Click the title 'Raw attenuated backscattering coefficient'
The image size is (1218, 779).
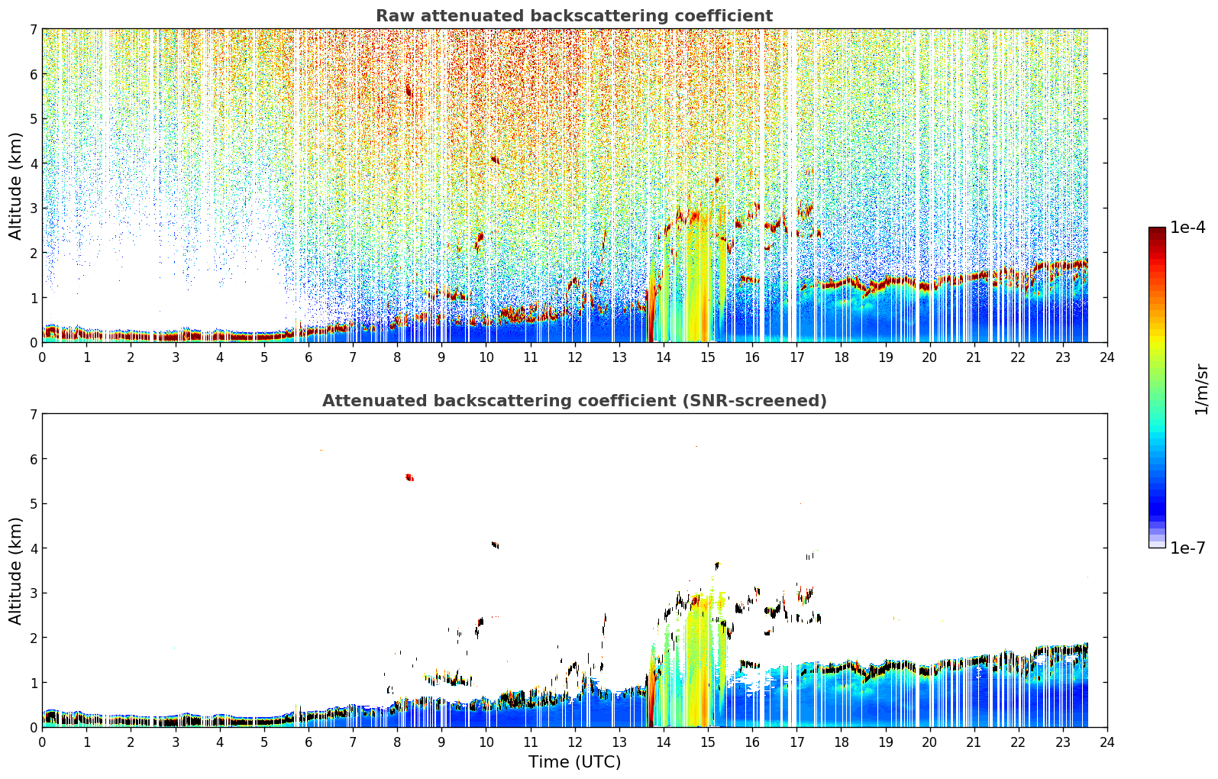574,16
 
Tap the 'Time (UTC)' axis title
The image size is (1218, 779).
574,762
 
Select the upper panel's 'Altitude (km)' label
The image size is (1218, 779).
15,186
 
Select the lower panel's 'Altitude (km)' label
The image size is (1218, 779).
15,571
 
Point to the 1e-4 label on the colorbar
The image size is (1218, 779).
1187,228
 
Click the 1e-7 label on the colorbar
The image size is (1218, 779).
1187,548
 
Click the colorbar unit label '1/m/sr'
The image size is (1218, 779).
1202,389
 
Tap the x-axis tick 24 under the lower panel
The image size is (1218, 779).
1107,742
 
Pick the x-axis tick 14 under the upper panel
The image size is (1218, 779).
664,357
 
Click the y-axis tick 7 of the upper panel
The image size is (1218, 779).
34,29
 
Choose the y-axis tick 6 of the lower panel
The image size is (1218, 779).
34,458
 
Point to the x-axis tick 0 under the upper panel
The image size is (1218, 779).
43,357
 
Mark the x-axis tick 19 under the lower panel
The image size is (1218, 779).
885,742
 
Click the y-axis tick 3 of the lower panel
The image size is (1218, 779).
34,593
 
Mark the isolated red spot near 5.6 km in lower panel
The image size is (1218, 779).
409,477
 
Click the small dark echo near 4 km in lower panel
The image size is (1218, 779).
495,545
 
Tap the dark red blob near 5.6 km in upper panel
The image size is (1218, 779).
409,91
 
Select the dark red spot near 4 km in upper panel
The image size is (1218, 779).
495,160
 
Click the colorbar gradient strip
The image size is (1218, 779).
1157,387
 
